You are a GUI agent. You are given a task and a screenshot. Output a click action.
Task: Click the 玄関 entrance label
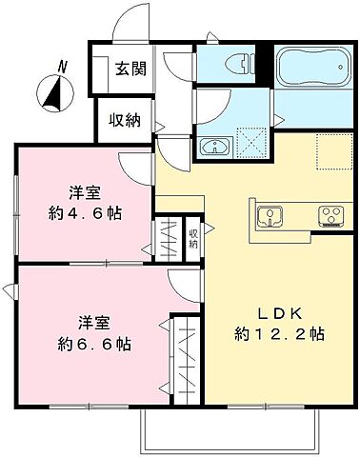[131, 70]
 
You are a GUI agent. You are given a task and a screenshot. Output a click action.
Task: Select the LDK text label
[275, 313]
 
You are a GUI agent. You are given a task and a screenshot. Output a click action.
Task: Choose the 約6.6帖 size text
[91, 343]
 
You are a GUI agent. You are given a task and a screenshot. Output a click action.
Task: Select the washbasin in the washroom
[214, 147]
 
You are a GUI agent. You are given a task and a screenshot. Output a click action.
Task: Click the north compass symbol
[54, 93]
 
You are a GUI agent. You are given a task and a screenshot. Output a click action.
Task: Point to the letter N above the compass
[62, 66]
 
